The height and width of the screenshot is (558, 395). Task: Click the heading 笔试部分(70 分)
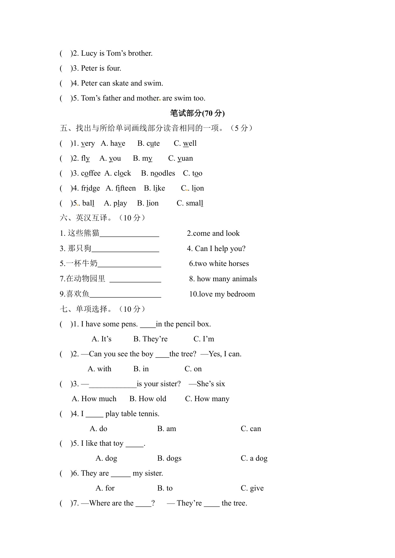pos(197,113)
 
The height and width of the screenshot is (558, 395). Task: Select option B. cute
pos(149,143)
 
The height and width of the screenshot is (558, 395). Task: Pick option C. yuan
pos(180,158)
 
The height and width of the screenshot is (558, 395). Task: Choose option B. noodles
pos(158,173)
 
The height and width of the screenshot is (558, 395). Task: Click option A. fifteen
pos(121,188)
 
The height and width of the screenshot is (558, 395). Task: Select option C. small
pos(190,203)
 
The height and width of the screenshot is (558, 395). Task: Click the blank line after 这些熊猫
pos(129,234)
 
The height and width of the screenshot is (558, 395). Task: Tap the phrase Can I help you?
pos(216,249)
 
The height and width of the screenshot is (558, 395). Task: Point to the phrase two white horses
pos(219,264)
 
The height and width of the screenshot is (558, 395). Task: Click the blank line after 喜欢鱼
pos(125,294)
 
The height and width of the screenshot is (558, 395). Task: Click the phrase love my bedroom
pos(222,294)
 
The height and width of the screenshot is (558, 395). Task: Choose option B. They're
pos(150,339)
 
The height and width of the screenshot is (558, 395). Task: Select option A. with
pos(99,369)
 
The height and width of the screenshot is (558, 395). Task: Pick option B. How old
pos(148,399)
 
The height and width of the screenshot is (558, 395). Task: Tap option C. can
pos(251,429)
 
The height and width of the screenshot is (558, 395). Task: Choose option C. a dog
pos(254,458)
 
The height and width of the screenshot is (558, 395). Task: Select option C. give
pos(252,488)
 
